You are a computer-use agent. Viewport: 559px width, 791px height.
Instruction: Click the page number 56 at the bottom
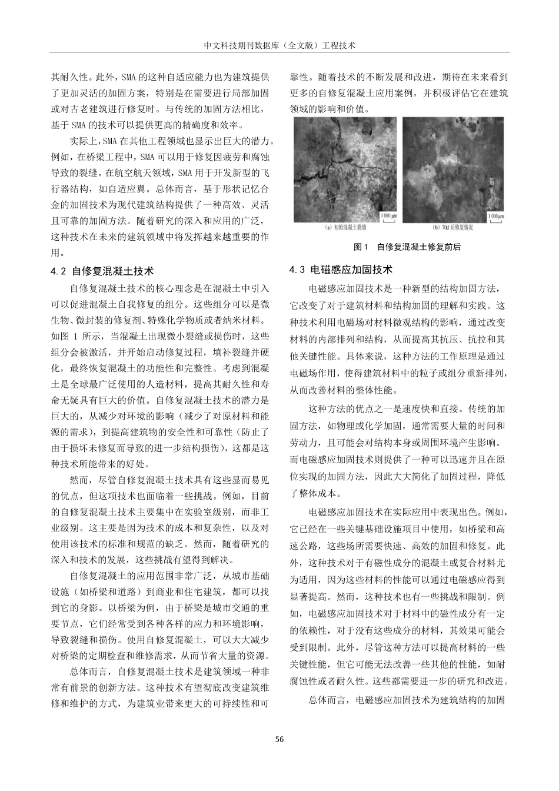(x=279, y=739)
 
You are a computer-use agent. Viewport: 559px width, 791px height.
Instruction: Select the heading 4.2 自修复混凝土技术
(x=102, y=271)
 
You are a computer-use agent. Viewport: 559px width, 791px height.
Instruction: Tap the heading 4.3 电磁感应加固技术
(x=341, y=270)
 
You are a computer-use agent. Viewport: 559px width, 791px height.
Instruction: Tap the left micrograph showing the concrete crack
(x=345, y=169)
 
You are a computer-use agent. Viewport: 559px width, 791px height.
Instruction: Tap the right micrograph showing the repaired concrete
(x=454, y=169)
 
